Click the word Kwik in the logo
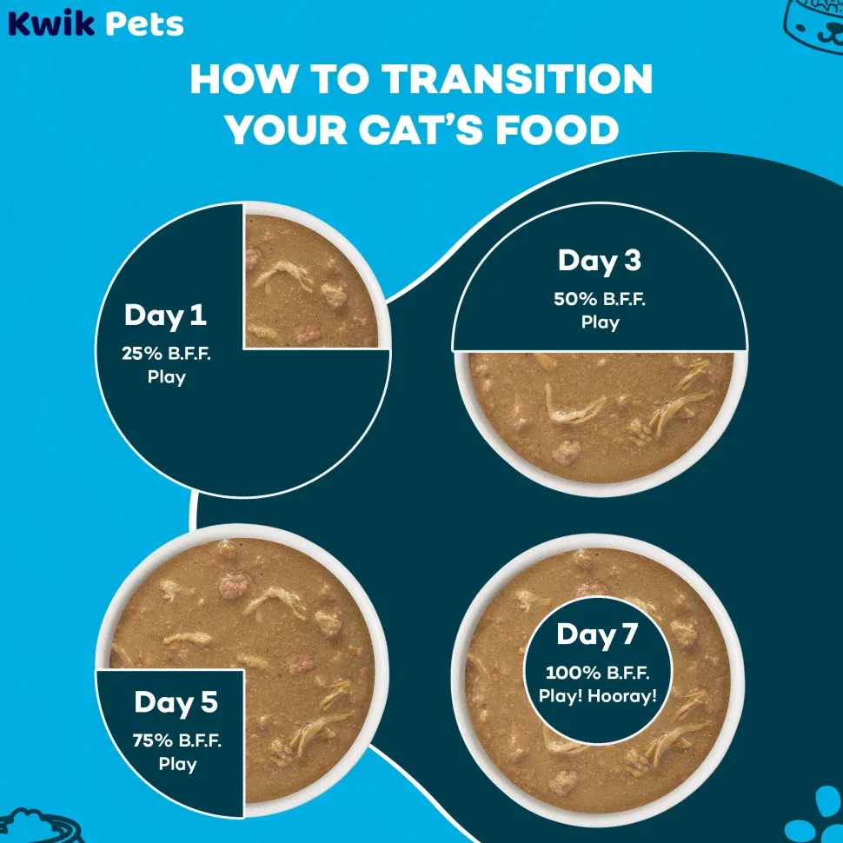coord(51,23)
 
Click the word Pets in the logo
coord(144,24)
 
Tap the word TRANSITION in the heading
coord(517,80)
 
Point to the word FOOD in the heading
coord(558,129)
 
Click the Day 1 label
coord(166,315)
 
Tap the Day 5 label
coord(176,703)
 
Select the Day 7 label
coord(597,635)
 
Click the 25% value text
coord(142,353)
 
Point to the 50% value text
coord(575,299)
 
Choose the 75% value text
coord(153,740)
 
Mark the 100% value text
coord(573,673)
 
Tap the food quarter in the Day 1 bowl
coord(311,281)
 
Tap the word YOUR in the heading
coord(286,129)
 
